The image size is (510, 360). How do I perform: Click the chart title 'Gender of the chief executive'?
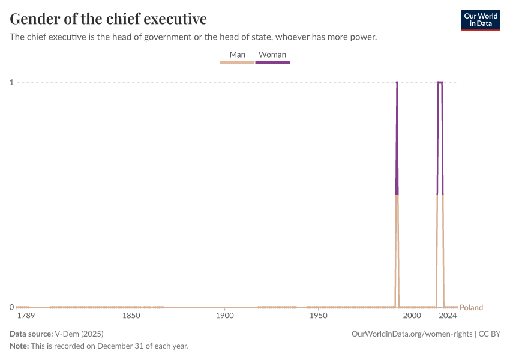(x=109, y=19)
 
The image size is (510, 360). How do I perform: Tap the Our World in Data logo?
(x=480, y=20)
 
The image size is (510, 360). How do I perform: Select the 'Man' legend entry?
(x=237, y=55)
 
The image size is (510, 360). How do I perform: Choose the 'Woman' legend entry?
(x=272, y=55)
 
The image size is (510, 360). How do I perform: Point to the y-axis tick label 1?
(x=11, y=82)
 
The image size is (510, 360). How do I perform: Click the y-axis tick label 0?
(x=11, y=307)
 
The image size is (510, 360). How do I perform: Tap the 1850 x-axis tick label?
(x=131, y=316)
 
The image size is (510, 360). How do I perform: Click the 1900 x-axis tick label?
(x=224, y=316)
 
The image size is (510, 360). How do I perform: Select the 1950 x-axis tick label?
(x=318, y=316)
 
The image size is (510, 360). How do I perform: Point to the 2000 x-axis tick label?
(x=412, y=316)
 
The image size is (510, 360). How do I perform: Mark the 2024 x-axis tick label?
(x=448, y=316)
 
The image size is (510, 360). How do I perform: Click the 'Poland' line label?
(x=471, y=308)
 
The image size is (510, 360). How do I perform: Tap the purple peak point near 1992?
(x=397, y=82)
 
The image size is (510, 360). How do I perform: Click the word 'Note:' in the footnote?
(x=19, y=346)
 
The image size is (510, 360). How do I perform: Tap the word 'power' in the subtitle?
(x=362, y=37)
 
